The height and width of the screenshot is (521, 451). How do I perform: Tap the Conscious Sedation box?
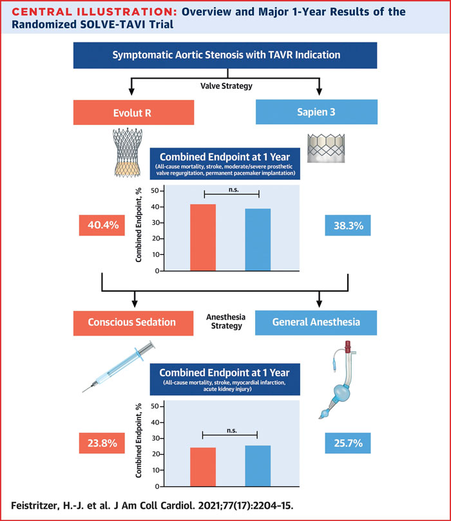click(133, 322)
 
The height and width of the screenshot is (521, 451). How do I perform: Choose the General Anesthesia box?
click(318, 322)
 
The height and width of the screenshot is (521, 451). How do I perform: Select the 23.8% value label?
click(101, 443)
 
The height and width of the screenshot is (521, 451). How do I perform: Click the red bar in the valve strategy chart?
click(203, 237)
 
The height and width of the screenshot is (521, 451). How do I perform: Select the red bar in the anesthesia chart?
click(203, 466)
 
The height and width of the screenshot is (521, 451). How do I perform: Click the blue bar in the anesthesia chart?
click(258, 465)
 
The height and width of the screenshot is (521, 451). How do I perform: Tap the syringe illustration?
click(121, 368)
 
